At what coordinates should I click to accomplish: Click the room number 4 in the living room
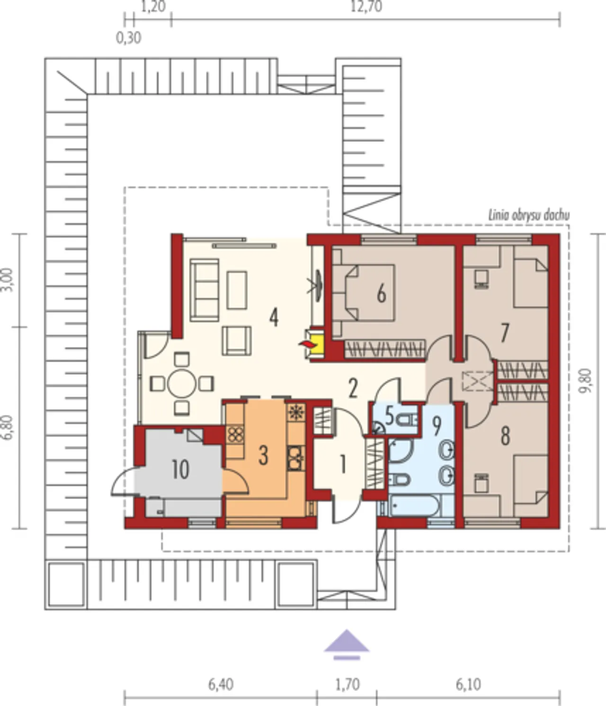[274, 318]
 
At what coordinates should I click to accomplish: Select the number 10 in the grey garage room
[180, 470]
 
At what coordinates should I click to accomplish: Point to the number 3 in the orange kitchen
[263, 456]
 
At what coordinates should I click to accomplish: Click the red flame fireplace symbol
[307, 344]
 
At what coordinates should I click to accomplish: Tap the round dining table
[182, 383]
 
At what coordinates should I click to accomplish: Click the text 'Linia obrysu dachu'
[529, 215]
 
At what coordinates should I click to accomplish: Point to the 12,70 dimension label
[366, 7]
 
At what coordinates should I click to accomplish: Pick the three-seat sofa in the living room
[205, 290]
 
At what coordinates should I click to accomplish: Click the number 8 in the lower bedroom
[505, 436]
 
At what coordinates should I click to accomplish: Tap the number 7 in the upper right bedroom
[505, 333]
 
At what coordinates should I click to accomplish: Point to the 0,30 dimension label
[128, 38]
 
